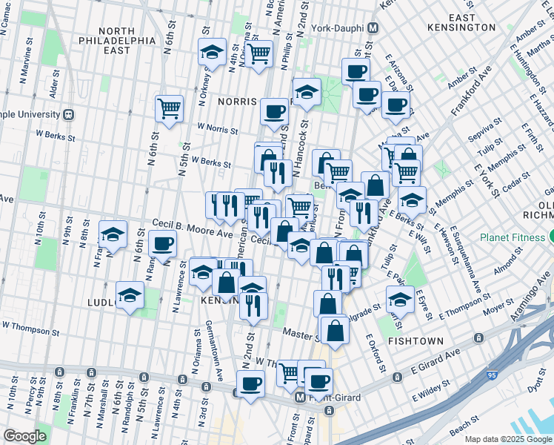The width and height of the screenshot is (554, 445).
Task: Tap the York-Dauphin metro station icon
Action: coord(374,27)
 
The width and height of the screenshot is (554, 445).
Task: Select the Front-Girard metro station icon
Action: coord(300,398)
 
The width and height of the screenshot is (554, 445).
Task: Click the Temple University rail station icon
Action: coord(69,115)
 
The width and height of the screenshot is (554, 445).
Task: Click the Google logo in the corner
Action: coord(24,436)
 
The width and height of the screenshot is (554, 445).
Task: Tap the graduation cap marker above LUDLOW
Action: coord(130,294)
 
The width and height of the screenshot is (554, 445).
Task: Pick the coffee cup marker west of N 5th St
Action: coord(162,243)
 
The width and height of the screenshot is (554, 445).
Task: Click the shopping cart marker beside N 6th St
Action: coord(169,108)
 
